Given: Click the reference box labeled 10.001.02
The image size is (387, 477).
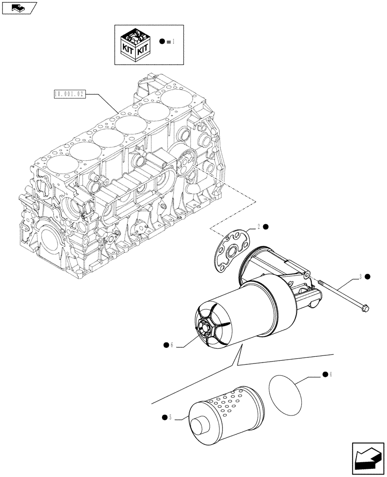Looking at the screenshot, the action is click(69, 94).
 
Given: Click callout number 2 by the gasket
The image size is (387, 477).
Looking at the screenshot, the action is click(259, 227).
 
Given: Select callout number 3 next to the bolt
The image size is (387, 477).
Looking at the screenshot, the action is click(361, 276).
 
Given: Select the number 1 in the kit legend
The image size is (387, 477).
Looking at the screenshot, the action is click(173, 42).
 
